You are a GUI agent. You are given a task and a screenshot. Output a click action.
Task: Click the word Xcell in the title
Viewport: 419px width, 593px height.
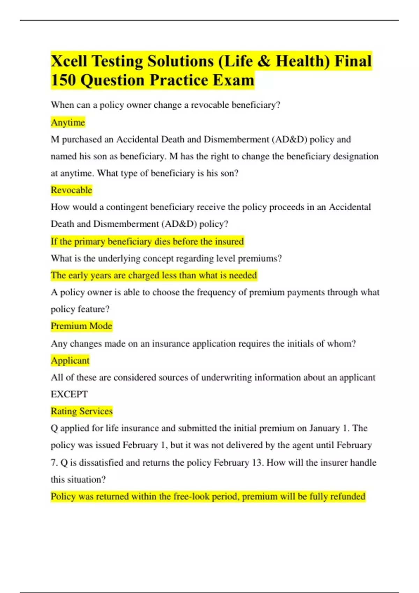tap(69, 61)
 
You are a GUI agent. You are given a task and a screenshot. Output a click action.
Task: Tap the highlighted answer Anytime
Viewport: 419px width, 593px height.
tap(68, 122)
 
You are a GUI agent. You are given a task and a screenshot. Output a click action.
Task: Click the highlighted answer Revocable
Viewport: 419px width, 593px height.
tap(72, 190)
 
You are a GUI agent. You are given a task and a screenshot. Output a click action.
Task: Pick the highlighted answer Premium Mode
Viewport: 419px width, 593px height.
tap(81, 326)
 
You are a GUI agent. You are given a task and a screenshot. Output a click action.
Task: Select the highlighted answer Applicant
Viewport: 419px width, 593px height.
tap(70, 360)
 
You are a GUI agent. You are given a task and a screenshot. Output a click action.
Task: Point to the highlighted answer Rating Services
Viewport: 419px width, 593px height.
tap(82, 411)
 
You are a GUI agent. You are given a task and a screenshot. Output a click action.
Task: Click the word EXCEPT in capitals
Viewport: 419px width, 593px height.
tap(69, 394)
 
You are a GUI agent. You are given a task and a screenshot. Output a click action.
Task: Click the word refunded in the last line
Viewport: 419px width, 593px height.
tap(347, 496)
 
